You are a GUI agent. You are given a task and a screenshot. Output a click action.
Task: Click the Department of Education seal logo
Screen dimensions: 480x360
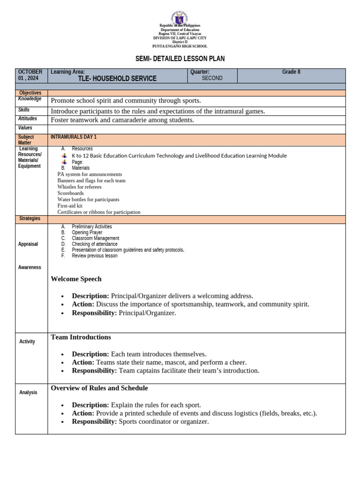pyautogui.click(x=180, y=17)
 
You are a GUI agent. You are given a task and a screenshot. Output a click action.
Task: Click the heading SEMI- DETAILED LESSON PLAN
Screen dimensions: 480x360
pyautogui.click(x=180, y=59)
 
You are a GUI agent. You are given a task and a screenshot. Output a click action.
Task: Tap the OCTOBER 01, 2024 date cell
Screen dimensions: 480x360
pyautogui.click(x=31, y=75)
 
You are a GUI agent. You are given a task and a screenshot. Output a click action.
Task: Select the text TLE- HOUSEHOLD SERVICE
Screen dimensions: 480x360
pyautogui.click(x=117, y=79)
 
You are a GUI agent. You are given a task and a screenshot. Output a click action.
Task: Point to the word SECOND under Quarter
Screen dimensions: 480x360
pyautogui.click(x=212, y=78)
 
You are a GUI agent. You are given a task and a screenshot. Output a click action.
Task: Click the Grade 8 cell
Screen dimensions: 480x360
pyautogui.click(x=291, y=72)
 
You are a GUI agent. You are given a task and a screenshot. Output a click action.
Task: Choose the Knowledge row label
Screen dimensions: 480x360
pyautogui.click(x=30, y=99)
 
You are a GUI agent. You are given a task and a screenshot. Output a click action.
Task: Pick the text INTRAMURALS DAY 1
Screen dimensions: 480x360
pyautogui.click(x=74, y=137)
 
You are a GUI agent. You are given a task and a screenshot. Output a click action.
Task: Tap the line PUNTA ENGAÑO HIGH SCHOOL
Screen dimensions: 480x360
pyautogui.click(x=180, y=46)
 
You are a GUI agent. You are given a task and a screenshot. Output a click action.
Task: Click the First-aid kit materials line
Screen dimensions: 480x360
pyautogui.click(x=70, y=206)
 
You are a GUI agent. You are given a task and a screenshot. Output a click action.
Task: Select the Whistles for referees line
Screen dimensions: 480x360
pyautogui.click(x=79, y=187)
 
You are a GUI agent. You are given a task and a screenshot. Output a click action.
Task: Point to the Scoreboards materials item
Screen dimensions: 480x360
pyautogui.click(x=70, y=193)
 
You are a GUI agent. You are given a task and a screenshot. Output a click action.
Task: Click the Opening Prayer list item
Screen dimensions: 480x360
pyautogui.click(x=87, y=232)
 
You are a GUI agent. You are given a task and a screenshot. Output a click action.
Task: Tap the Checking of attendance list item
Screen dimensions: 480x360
pyautogui.click(x=95, y=244)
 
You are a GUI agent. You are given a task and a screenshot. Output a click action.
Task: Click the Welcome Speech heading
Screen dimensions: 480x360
pyautogui.click(x=76, y=279)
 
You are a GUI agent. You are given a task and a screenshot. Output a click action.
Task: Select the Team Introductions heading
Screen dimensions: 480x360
pyautogui.click(x=81, y=337)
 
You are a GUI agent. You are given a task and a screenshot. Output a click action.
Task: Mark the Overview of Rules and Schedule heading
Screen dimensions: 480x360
pyautogui.click(x=99, y=388)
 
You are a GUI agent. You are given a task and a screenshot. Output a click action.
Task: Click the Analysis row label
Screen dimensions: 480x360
pyautogui.click(x=28, y=392)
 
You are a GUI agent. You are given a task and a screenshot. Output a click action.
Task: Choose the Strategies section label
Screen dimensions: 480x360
pyautogui.click(x=30, y=218)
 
